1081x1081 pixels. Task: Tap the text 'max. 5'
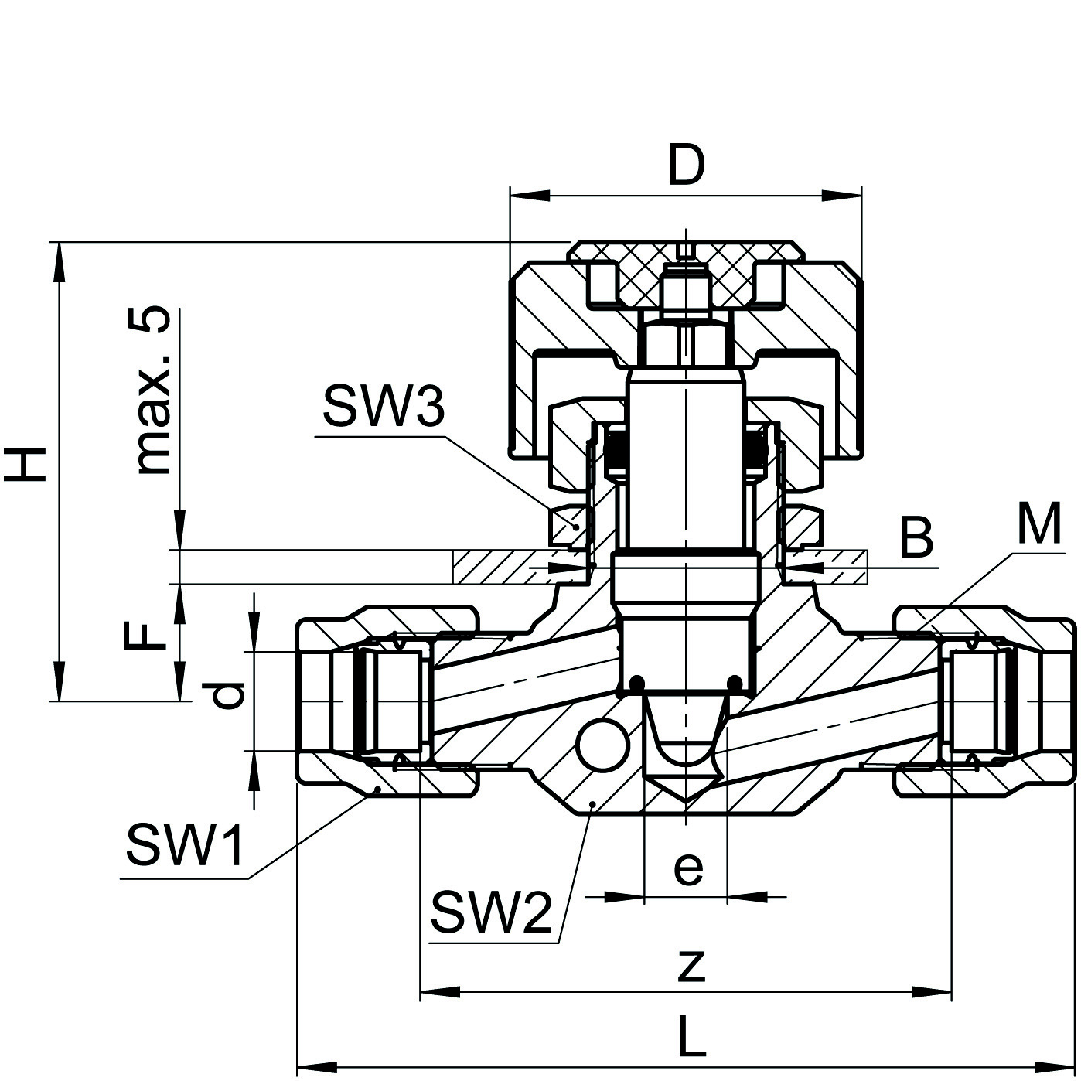152,390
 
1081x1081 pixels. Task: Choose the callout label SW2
492,912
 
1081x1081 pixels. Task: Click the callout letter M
1038,524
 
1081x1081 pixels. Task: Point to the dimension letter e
687,867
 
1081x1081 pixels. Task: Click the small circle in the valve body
602,745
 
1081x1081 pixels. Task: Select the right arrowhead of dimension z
931,992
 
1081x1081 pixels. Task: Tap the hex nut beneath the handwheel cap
684,343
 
